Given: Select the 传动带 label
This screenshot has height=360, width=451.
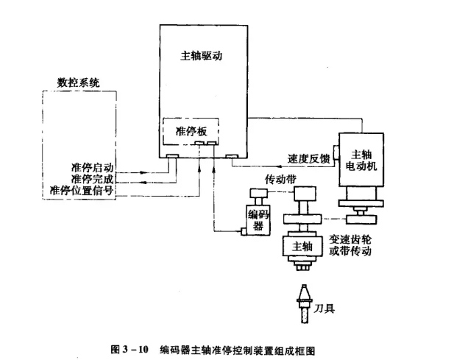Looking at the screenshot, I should click(x=278, y=179).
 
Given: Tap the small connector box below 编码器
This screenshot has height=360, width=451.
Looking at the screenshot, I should click(x=245, y=233).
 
